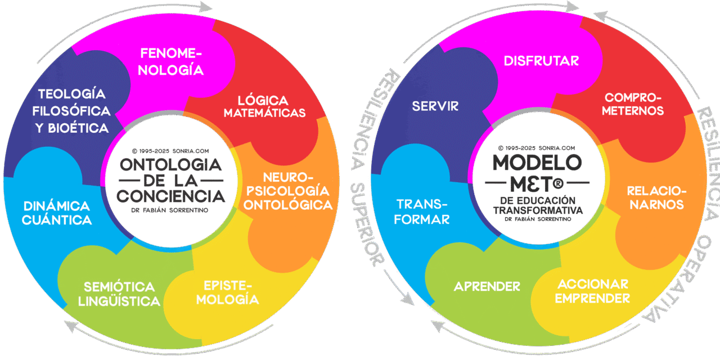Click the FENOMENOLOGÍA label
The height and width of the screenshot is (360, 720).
171,62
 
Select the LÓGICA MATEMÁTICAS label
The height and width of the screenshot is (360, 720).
264,106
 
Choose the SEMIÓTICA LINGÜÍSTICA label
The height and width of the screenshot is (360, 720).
119,294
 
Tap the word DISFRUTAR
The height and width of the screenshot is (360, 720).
541,60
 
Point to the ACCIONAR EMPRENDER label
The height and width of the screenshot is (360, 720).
592,291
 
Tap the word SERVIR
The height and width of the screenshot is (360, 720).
435,106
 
